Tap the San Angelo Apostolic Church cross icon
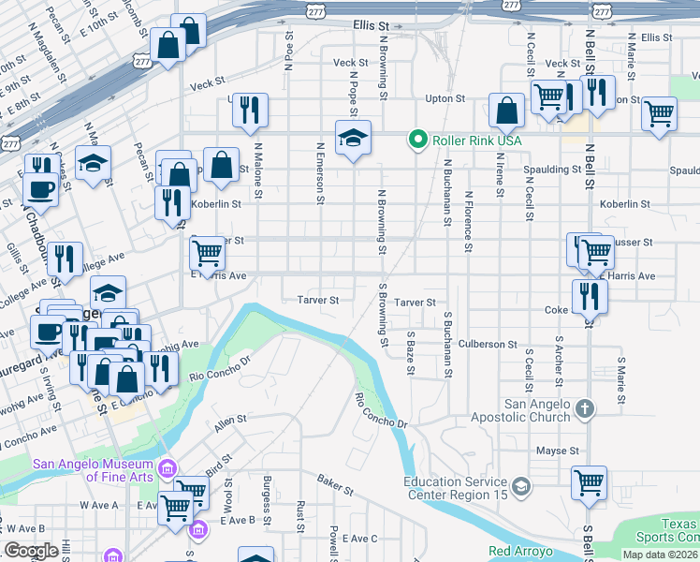pyautogui.click(x=585, y=408)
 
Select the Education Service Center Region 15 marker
pyautogui.click(x=521, y=484)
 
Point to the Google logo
pyautogui.click(x=31, y=551)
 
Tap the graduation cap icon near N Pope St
pyautogui.click(x=353, y=139)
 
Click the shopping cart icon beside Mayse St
pyautogui.click(x=589, y=483)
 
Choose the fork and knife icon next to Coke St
pyautogui.click(x=589, y=297)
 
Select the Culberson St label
pyautogui.click(x=488, y=345)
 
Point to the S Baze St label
pyautogui.click(x=410, y=352)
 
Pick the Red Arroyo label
pyautogui.click(x=519, y=552)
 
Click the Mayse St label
pyautogui.click(x=559, y=451)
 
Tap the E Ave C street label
pyautogui.click(x=359, y=539)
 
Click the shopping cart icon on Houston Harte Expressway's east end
pyautogui.click(x=660, y=113)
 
